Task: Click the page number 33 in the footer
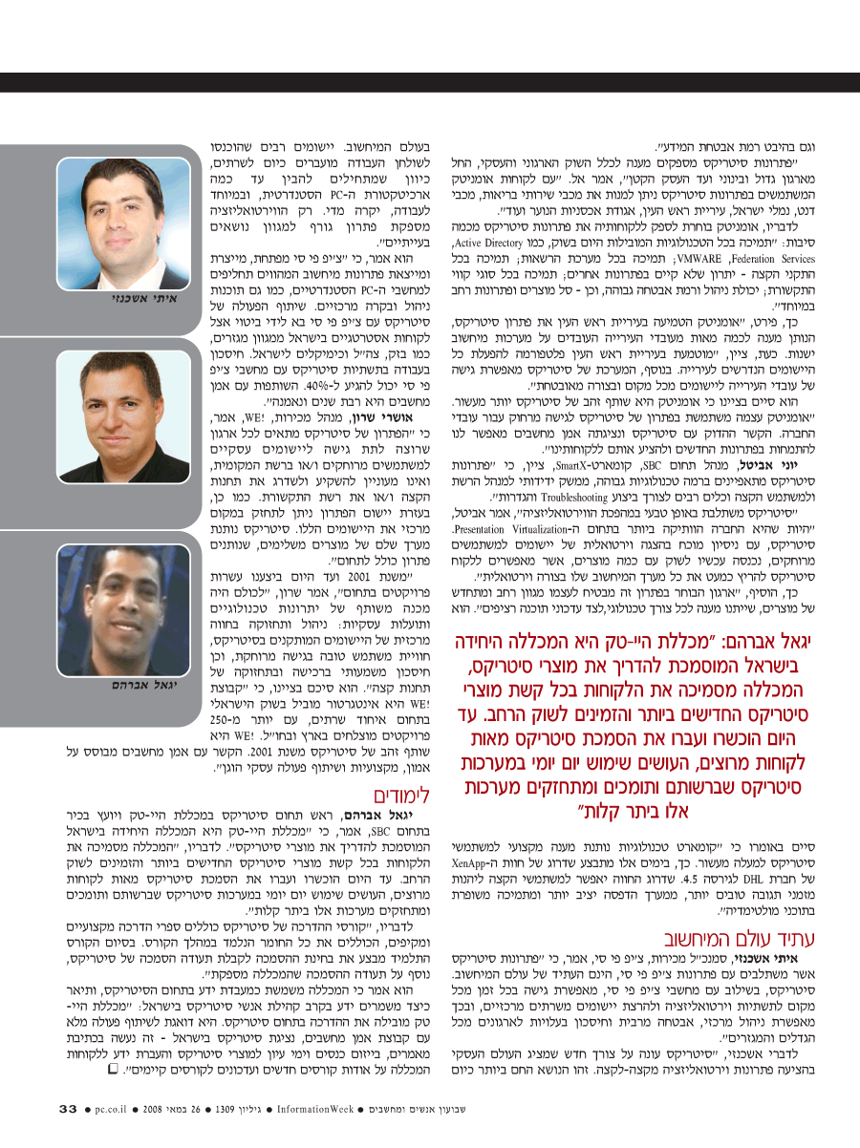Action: [x=68, y=1109]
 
